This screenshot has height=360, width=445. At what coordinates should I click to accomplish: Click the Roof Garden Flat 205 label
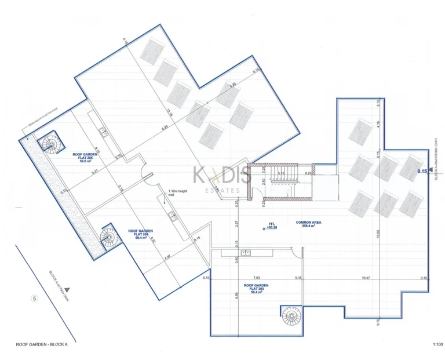point(83,158)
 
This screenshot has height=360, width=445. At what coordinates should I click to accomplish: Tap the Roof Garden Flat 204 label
point(140,234)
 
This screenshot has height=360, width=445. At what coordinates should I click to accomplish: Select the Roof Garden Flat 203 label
point(256,288)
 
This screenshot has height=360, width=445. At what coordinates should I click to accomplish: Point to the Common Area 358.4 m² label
point(309,225)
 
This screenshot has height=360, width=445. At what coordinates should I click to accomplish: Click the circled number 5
point(35,299)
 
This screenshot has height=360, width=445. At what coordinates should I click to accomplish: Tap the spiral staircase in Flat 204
point(108,236)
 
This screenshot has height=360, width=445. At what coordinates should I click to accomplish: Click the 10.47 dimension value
point(365,278)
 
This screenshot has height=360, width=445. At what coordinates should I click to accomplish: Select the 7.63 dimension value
point(256,278)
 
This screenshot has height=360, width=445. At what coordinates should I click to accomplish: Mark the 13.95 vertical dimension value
point(377,234)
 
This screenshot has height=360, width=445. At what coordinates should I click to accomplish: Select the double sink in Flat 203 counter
point(246,252)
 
